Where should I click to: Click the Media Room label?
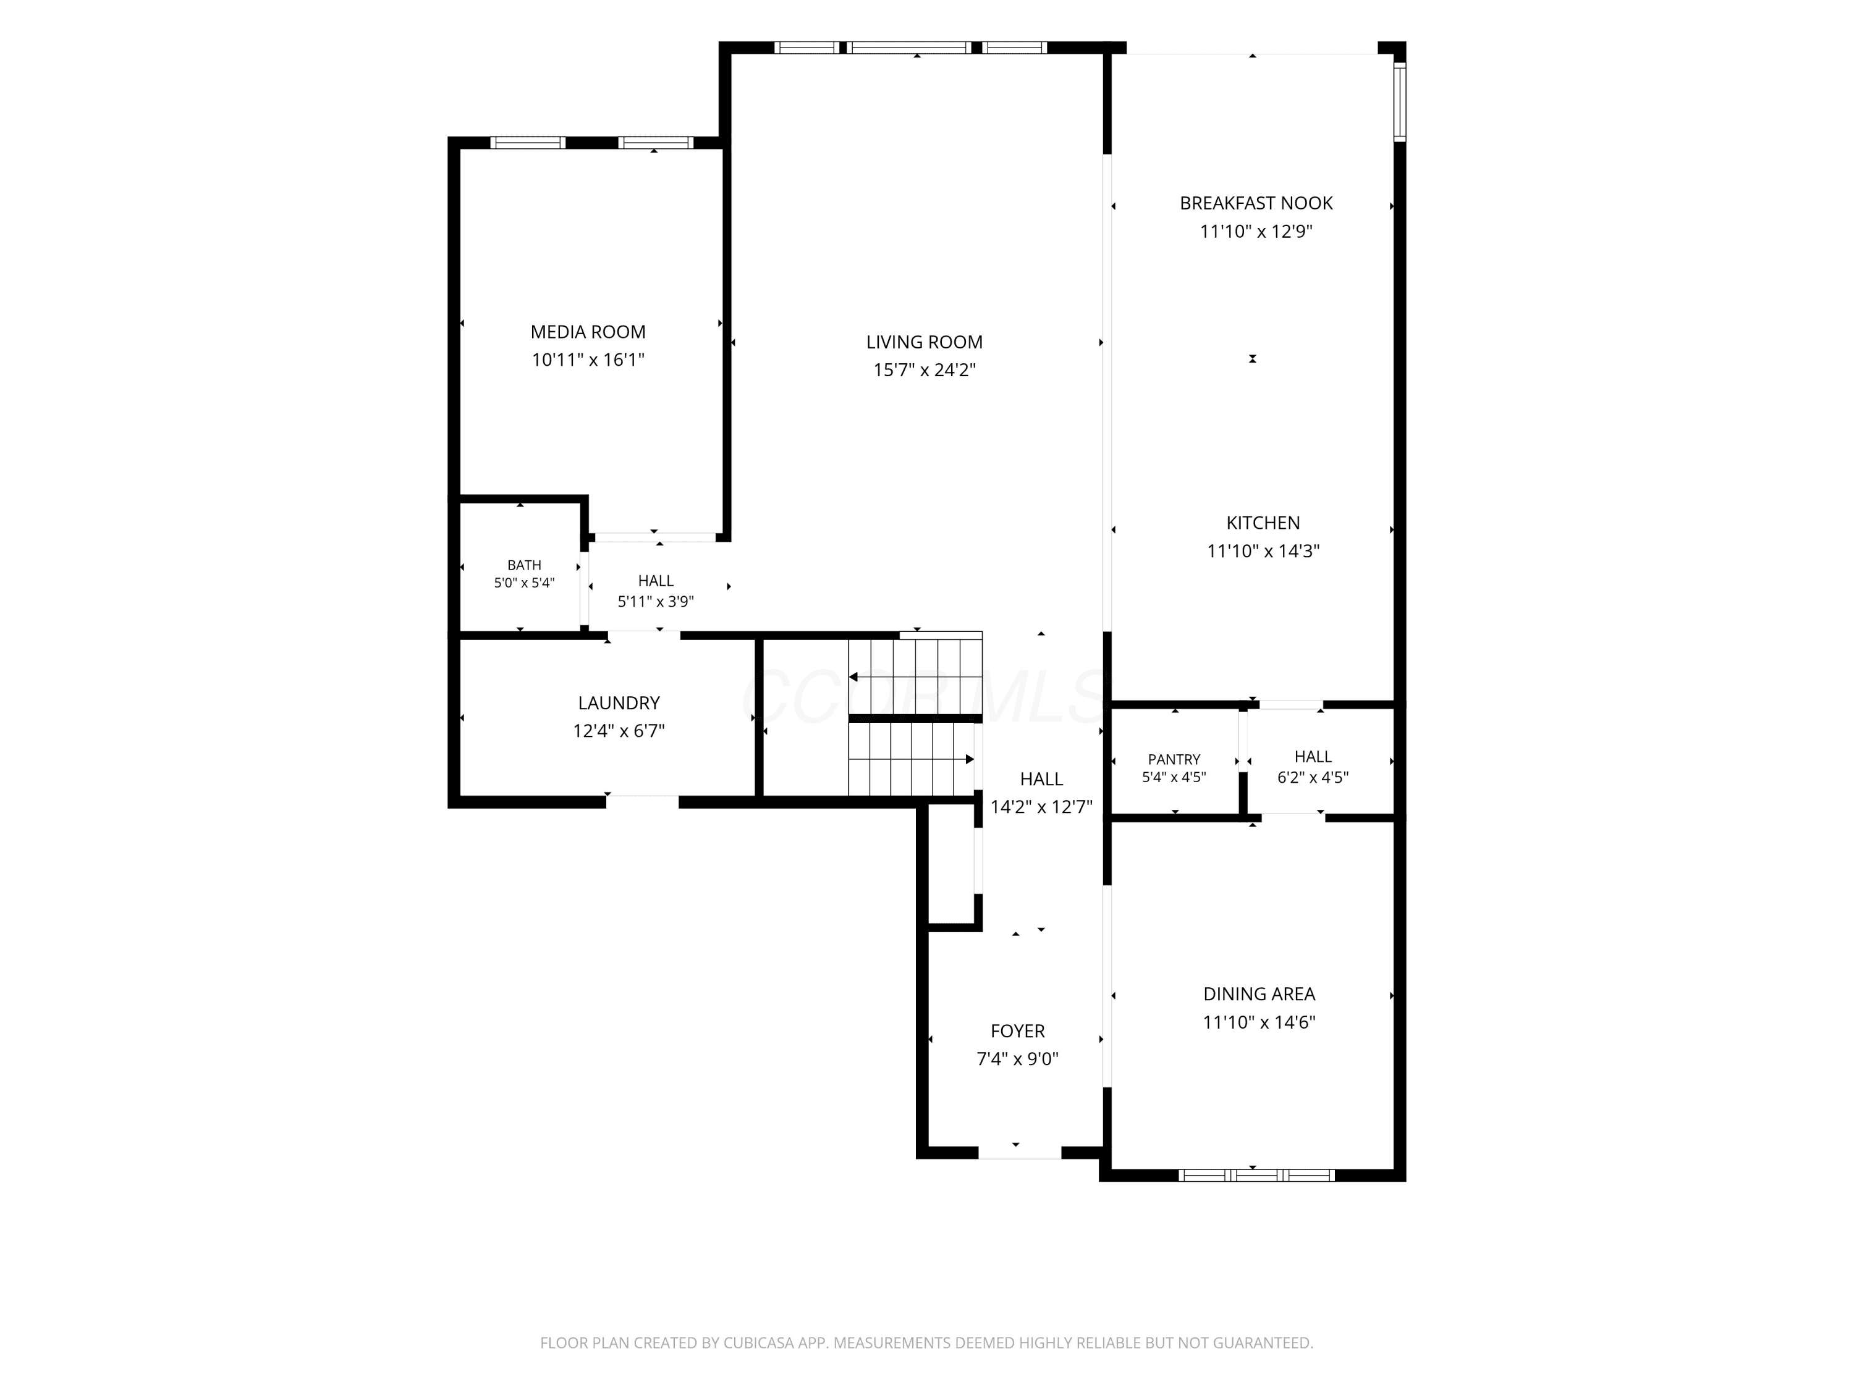pyautogui.click(x=588, y=332)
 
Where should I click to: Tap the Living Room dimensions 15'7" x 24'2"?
pyautogui.click(x=925, y=369)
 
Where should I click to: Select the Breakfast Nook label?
pyautogui.click(x=1256, y=203)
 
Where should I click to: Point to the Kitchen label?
pyautogui.click(x=1263, y=523)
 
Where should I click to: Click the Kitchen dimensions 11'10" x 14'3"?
pyautogui.click(x=1263, y=551)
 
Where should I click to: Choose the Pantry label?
pyautogui.click(x=1174, y=759)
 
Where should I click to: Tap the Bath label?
pyautogui.click(x=524, y=565)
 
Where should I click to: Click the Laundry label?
pyautogui.click(x=619, y=703)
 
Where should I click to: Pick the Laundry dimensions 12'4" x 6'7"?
pyautogui.click(x=619, y=731)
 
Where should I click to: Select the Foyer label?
pyautogui.click(x=1017, y=1032)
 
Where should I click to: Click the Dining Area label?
pyautogui.click(x=1259, y=993)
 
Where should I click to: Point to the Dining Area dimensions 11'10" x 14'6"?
pyautogui.click(x=1259, y=1022)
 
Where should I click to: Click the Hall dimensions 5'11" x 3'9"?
pyautogui.click(x=656, y=602)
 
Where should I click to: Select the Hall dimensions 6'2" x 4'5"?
pyautogui.click(x=1313, y=778)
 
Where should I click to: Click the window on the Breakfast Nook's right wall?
pyautogui.click(x=1399, y=101)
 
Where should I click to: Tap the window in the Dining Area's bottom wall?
pyautogui.click(x=1256, y=1176)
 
